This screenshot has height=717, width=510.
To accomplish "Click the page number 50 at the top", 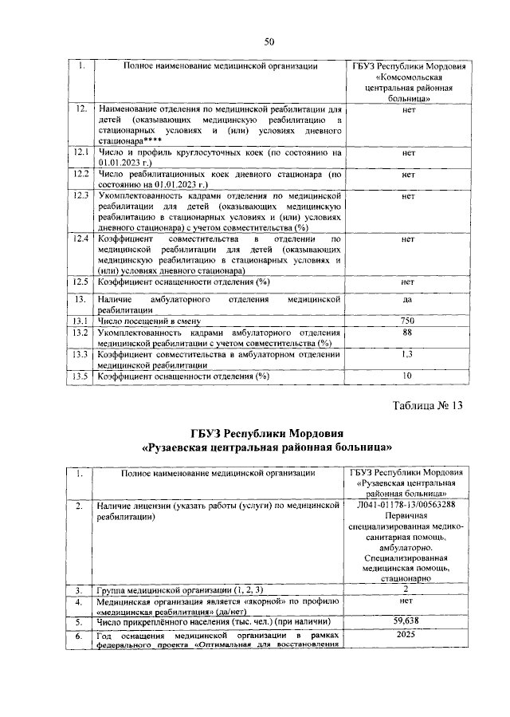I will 269,41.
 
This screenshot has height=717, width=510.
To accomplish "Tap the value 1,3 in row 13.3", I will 407,354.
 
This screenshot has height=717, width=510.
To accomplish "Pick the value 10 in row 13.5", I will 407,376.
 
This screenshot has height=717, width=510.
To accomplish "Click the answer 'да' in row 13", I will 407,299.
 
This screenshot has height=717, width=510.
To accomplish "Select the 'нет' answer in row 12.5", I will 407,282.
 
